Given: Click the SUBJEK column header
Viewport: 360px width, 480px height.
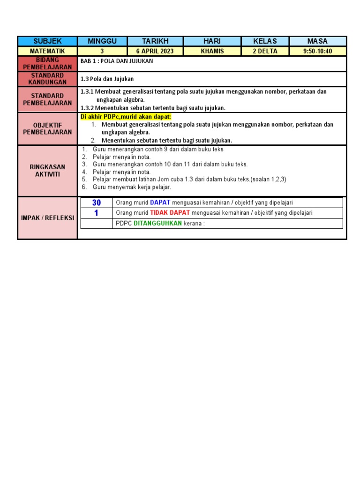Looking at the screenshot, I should tap(47, 41).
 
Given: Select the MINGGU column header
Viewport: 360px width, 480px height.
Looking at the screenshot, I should tap(102, 41).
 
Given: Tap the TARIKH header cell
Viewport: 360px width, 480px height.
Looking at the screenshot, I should tap(155, 41).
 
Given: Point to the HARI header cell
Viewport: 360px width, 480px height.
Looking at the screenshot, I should tap(212, 41).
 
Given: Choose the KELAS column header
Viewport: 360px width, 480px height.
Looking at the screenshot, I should tap(265, 41).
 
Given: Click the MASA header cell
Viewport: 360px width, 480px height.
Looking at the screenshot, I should tap(317, 41).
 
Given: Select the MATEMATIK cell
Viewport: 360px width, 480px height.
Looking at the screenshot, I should tap(47, 51).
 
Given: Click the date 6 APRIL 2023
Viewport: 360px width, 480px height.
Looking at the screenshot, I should tap(155, 51).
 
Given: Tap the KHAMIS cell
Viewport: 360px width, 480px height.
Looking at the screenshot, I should tap(212, 51).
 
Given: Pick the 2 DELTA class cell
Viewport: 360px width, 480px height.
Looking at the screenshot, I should tap(265, 51).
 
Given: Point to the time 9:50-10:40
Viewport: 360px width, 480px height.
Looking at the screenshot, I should tap(317, 51).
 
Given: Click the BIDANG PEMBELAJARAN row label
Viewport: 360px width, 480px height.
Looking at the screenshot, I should tap(47, 64).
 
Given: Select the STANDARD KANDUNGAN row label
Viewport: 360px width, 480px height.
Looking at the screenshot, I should tap(47, 79).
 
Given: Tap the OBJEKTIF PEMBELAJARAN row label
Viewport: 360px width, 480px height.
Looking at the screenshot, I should tap(47, 128).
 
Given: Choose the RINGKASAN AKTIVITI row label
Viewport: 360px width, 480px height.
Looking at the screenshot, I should tap(47, 171).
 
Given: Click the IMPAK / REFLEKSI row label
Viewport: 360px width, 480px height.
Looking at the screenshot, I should tap(47, 218).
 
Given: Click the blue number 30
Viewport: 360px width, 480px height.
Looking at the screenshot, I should tap(97, 202).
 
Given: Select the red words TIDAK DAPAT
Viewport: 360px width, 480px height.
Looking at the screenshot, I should tap(170, 213).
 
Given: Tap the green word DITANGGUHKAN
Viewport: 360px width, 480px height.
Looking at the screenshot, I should tap(157, 223).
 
